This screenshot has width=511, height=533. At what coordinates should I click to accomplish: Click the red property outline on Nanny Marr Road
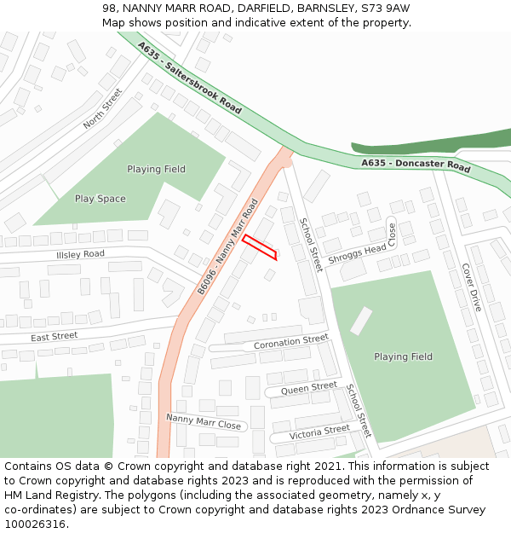259,246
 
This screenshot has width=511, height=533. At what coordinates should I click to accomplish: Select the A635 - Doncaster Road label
416,165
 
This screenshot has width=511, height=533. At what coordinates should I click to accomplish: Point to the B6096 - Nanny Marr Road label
227,247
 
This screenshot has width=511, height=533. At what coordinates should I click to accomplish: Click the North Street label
103,109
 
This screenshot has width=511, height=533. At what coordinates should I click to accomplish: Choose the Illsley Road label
80,254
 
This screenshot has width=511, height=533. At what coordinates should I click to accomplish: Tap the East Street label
55,337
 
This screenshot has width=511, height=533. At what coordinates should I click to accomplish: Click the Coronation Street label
290,343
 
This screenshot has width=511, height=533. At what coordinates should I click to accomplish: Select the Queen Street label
309,387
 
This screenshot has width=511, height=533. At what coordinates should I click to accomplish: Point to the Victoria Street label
319,432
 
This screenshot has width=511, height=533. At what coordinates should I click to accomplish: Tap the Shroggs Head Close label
363,250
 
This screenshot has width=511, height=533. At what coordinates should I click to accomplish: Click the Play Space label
100,199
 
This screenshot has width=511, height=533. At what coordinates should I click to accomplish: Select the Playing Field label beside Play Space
156,169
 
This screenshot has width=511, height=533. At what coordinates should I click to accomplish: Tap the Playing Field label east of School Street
403,356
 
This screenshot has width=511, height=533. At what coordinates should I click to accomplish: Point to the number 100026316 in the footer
35,524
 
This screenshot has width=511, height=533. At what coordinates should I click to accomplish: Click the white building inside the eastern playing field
361,320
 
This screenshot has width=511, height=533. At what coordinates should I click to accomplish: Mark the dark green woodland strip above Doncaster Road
434,142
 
